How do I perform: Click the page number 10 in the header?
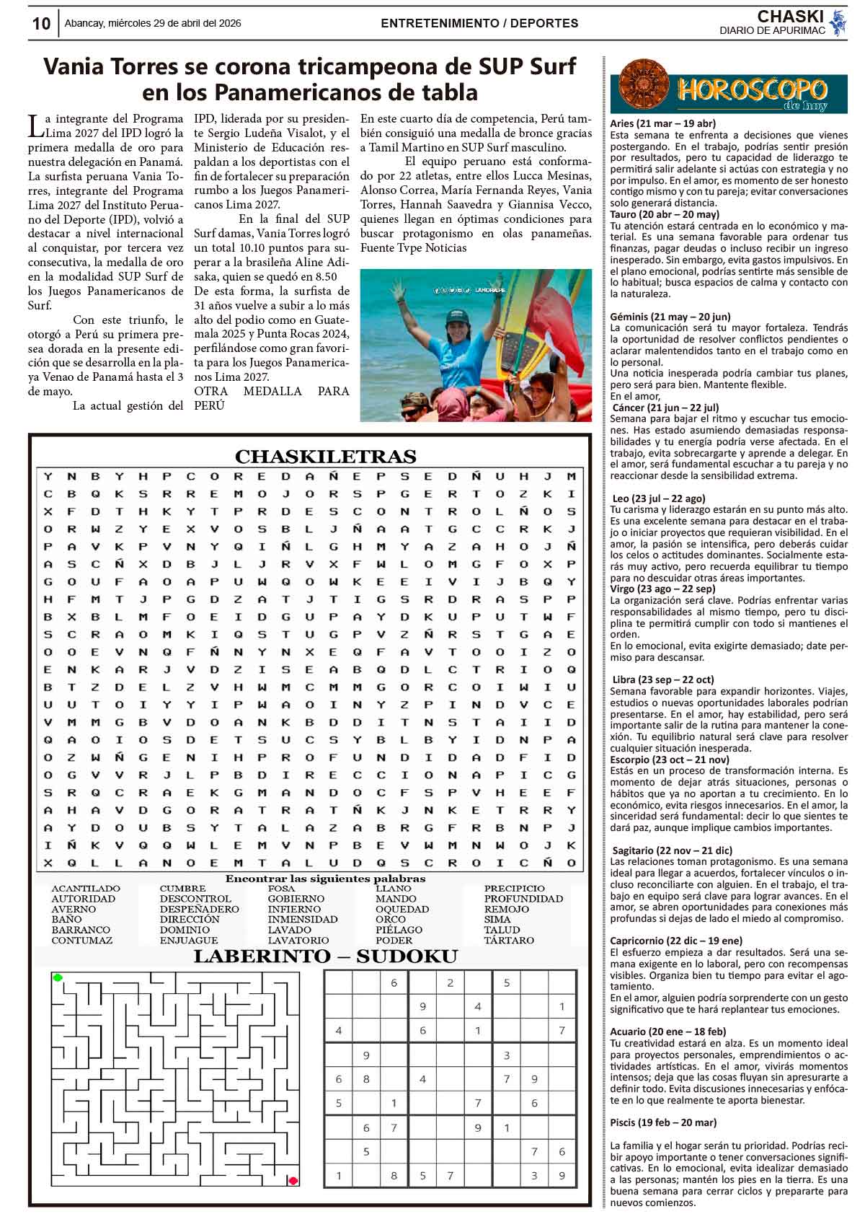pos(41,24)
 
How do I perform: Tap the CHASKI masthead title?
pos(790,17)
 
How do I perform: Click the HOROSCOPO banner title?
pos(751,90)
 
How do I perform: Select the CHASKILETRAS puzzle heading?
pos(325,457)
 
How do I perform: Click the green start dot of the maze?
pos(58,978)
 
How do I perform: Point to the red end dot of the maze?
pos(293,1181)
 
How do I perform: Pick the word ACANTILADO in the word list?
pos(86,889)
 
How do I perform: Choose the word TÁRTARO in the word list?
pos(509,941)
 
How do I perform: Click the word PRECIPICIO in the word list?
pos(515,889)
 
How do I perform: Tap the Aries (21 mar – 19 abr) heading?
pos(662,123)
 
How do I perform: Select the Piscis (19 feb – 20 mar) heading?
pos(663,1123)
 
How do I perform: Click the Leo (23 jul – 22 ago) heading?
pos(659,498)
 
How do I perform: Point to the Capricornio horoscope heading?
pos(675,941)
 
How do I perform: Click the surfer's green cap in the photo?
pos(456,317)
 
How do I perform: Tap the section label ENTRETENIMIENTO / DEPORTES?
pos(479,23)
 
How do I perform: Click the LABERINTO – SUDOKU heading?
pos(325,957)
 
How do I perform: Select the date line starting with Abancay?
pos(153,23)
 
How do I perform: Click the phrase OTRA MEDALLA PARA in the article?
pos(271,391)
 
